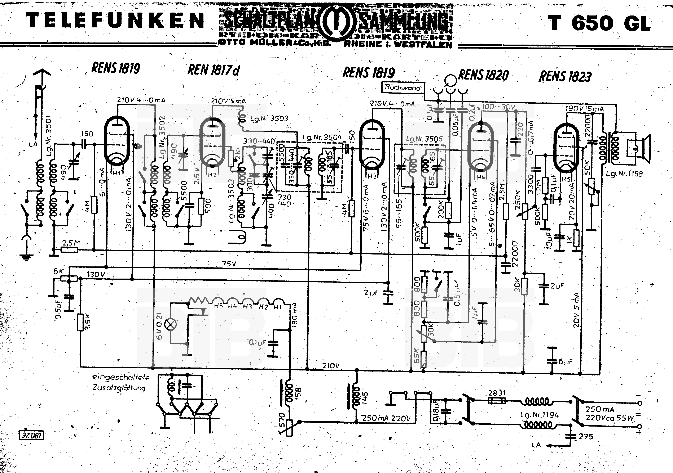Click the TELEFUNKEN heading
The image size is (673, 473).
click(115, 21)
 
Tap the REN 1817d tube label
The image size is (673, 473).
click(213, 70)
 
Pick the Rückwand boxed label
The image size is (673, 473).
click(403, 87)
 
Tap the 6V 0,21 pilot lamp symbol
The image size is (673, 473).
click(171, 325)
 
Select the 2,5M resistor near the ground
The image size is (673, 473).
click(70, 250)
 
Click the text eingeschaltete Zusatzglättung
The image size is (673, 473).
click(120, 383)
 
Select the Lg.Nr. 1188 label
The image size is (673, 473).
click(624, 174)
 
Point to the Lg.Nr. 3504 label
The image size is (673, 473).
click(322, 137)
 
